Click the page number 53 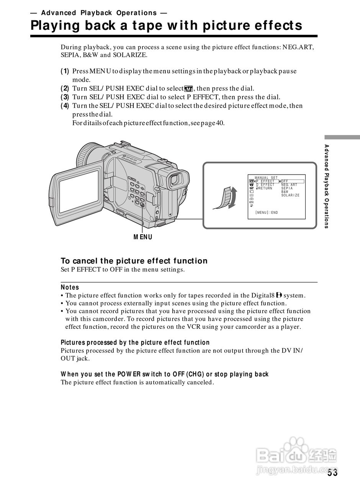point(332,473)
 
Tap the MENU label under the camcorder point(143,237)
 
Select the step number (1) point(65,71)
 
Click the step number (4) point(65,106)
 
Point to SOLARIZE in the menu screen point(290,196)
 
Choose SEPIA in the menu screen point(287,188)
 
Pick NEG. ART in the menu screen point(289,185)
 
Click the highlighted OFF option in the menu point(285,181)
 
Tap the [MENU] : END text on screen point(267,212)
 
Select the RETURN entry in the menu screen point(265,188)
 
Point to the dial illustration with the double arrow point(227,198)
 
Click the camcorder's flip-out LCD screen point(79,191)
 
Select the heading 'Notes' point(70,287)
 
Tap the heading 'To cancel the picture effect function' point(134,261)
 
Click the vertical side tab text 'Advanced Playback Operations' point(327,186)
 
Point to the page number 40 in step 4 point(220,123)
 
